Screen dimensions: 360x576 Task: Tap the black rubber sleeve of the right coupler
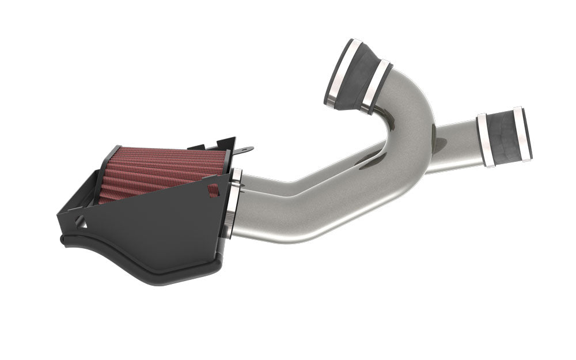[x=504, y=137]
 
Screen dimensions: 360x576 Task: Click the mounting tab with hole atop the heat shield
[x=245, y=151]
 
